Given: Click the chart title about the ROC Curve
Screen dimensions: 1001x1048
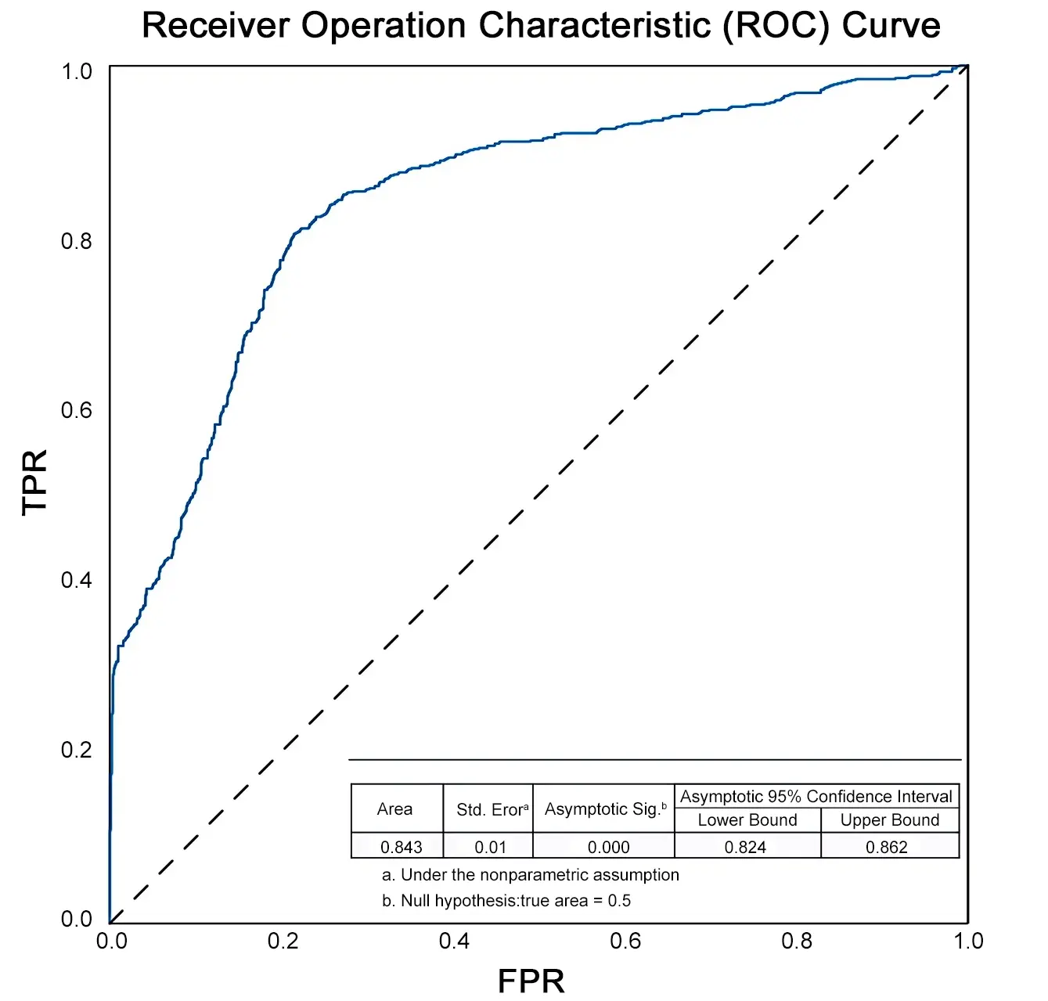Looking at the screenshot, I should pos(541,26).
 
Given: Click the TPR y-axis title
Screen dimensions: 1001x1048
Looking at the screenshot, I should pos(35,482).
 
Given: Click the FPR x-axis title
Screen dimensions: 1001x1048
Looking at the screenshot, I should pos(531,981).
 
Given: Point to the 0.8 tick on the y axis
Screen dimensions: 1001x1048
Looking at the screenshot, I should pos(77,241).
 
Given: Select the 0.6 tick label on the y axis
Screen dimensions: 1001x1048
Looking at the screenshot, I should pos(77,410).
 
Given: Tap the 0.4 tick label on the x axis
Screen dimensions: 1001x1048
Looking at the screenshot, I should pos(454,941).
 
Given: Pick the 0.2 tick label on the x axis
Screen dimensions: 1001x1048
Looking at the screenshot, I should pos(283,941).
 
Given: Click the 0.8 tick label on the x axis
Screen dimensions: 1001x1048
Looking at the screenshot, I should pos(797,941).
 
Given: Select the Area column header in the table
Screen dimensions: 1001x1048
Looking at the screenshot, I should pos(394,809).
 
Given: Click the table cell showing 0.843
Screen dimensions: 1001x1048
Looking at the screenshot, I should pos(401,847).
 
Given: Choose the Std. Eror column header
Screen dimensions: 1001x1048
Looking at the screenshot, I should pos(492,810).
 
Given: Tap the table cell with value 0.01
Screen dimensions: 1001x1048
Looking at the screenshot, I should pos(491,847).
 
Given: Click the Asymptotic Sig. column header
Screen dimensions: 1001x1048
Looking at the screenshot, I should pos(605,809).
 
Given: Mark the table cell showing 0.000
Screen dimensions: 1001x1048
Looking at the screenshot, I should pos(608,847).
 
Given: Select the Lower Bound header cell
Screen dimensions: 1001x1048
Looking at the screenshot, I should pos(747,820).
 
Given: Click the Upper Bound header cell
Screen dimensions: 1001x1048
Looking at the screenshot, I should pos(890,820).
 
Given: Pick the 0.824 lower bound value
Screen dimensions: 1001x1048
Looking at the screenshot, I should pos(745,847).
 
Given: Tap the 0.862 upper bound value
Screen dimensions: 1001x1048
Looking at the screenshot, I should pos(887,847).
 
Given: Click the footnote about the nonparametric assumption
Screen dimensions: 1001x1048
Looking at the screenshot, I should pos(531,875).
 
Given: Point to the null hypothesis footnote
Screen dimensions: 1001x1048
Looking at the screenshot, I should pos(506,901).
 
